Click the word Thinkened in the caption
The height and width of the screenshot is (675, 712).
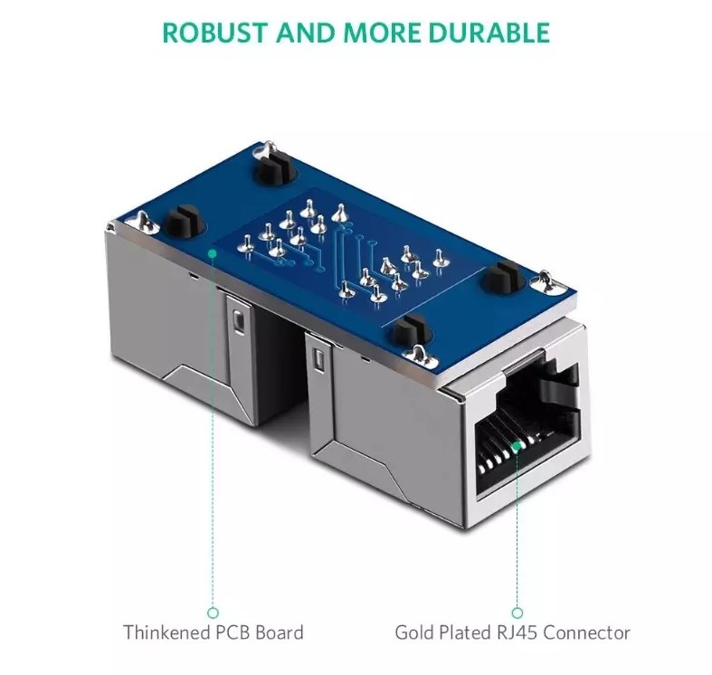tap(166, 632)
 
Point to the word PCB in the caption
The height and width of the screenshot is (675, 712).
tap(233, 632)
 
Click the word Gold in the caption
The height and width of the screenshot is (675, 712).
tap(413, 632)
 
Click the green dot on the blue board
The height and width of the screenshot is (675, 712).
tap(212, 252)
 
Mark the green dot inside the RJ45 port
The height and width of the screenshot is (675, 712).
tap(517, 446)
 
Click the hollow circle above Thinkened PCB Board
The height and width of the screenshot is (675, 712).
tap(213, 613)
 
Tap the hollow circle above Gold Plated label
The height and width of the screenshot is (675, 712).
tap(517, 613)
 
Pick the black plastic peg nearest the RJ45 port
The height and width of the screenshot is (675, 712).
tap(410, 329)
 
